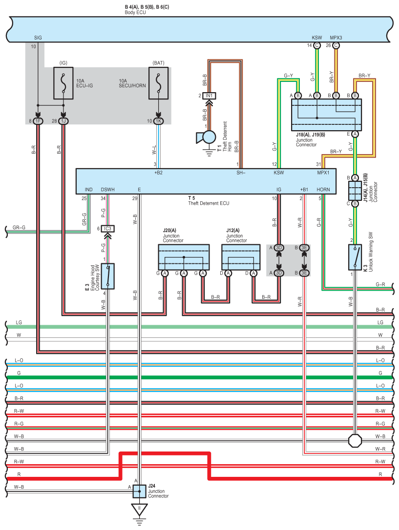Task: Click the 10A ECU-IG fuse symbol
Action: [x=63, y=83]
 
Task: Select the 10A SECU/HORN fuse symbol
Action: [x=158, y=83]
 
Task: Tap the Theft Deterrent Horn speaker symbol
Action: [x=207, y=137]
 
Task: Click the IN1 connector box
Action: [x=209, y=96]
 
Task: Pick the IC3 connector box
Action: [x=107, y=229]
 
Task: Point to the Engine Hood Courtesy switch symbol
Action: [x=107, y=276]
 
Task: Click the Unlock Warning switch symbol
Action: [x=355, y=257]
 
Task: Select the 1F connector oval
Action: [x=38, y=121]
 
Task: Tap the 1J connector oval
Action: [x=63, y=121]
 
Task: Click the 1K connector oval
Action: [x=158, y=121]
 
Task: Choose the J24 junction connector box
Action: [x=139, y=491]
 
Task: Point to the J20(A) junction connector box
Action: [x=184, y=257]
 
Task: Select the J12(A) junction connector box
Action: [x=241, y=257]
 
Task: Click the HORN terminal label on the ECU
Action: [x=323, y=190]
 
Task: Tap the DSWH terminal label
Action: [x=107, y=190]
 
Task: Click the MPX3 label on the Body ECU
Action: [x=336, y=38]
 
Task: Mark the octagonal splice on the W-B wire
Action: [x=355, y=440]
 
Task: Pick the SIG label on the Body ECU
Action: [x=38, y=38]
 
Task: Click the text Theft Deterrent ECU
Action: [x=209, y=203]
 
